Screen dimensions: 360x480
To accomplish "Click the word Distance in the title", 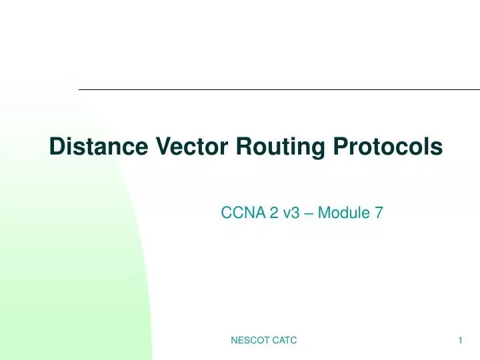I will (x=100, y=146).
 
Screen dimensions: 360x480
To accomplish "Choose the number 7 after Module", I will (x=379, y=213).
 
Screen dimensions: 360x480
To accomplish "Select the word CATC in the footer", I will (x=283, y=341).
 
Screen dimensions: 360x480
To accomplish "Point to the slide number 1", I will (x=461, y=341).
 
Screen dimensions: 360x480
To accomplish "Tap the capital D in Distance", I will (x=57, y=146).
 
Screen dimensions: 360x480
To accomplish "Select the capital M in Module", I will (x=324, y=213).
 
